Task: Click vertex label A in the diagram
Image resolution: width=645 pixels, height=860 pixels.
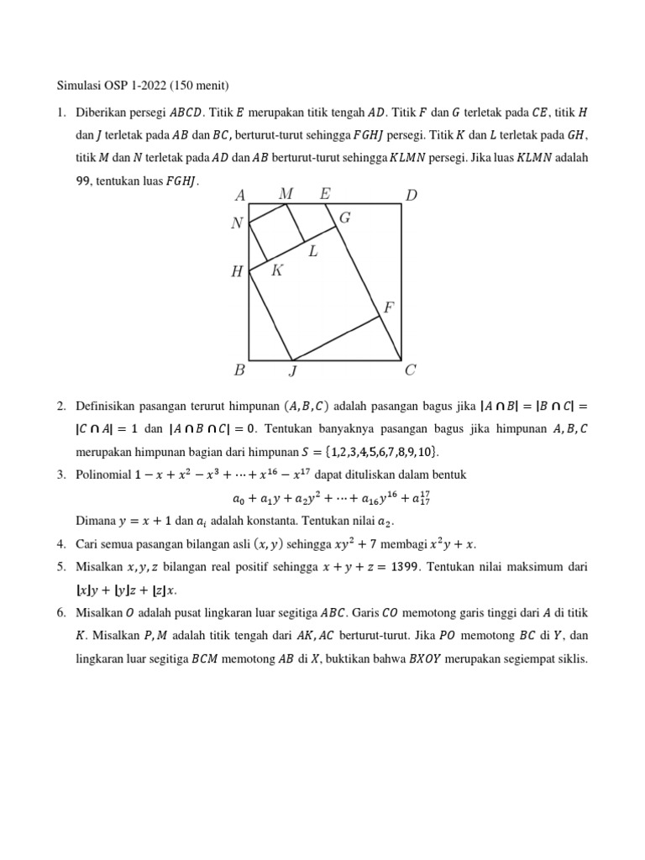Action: [x=240, y=196]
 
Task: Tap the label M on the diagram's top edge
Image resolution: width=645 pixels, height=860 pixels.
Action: [x=286, y=194]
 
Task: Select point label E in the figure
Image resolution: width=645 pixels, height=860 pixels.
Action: [x=325, y=194]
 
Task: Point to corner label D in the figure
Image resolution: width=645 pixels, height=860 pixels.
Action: [x=412, y=196]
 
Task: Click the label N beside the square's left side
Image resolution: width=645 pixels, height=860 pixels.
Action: [x=237, y=223]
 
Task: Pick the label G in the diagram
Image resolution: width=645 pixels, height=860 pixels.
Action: [x=344, y=218]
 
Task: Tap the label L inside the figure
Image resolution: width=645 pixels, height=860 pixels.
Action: [x=312, y=250]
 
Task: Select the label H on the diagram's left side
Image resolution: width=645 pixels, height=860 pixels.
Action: [x=237, y=272]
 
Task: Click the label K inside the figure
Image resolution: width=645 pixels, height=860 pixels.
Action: [x=277, y=270]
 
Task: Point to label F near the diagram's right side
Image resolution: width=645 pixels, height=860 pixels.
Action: [x=389, y=308]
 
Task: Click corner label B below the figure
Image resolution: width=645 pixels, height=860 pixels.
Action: [x=239, y=370]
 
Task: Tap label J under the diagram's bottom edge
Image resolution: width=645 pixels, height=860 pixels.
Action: [x=292, y=371]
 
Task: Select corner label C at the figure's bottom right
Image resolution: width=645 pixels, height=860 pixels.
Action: [x=411, y=370]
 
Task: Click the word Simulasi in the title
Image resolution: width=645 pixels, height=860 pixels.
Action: [x=80, y=85]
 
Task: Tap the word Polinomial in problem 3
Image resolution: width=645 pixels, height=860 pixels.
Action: [x=104, y=475]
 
